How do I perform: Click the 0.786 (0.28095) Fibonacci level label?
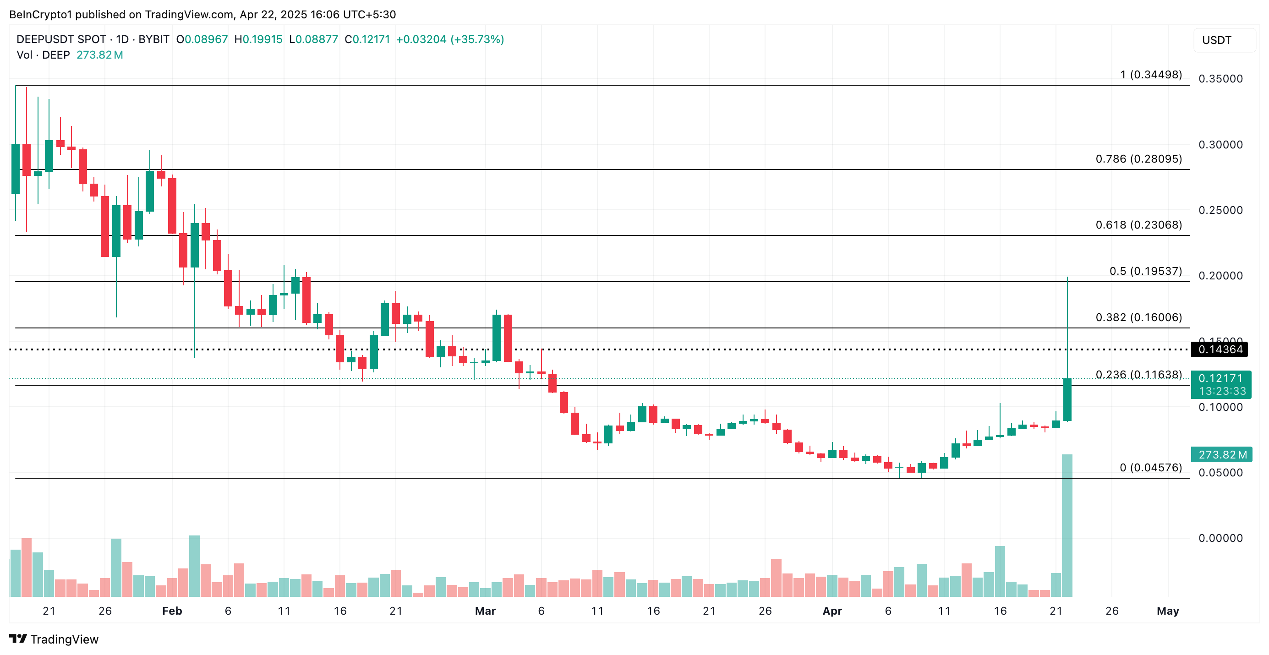click(1138, 159)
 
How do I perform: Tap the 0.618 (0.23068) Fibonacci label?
click(1138, 225)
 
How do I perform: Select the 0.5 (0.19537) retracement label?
click(1145, 271)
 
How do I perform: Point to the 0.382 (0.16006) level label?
click(1138, 317)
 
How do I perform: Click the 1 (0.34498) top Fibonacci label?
click(1150, 75)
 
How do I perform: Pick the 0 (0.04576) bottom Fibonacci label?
click(1150, 468)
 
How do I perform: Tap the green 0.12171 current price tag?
click(1220, 379)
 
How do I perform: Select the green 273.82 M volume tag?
click(1222, 455)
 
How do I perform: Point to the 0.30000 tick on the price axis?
click(1220, 145)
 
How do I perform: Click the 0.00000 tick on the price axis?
click(1220, 538)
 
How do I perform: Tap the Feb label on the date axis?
click(172, 611)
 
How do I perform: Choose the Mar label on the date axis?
click(485, 611)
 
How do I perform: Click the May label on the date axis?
click(1167, 611)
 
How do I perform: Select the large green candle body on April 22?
click(1067, 399)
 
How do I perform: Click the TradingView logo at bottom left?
click(54, 639)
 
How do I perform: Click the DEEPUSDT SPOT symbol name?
click(61, 39)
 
